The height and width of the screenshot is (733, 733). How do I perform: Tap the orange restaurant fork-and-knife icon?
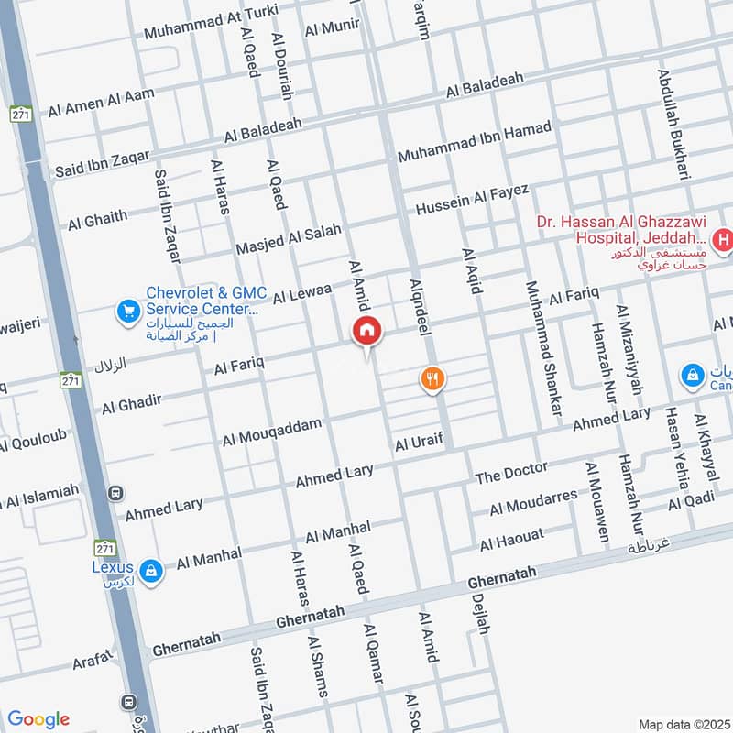(432, 377)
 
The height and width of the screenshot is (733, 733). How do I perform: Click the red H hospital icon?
(724, 241)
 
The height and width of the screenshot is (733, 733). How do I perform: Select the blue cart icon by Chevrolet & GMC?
(126, 312)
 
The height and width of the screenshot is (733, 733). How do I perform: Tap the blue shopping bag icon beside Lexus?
(151, 572)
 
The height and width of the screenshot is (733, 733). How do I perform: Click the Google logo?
(38, 718)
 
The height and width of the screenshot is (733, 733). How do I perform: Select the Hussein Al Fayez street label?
(473, 201)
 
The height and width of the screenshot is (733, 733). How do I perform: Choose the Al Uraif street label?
(419, 443)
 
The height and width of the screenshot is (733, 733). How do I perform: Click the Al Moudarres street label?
(533, 502)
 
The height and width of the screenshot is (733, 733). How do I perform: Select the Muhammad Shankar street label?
(541, 350)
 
